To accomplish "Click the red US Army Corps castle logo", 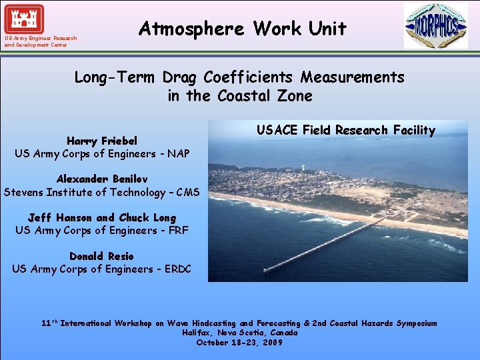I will [x=23, y=19].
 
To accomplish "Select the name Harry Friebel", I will [x=102, y=141].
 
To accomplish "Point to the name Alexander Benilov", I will [x=102, y=179].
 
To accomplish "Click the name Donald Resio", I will [x=101, y=257].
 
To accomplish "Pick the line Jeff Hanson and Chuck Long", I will [x=102, y=218].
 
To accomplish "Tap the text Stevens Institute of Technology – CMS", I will [x=102, y=193].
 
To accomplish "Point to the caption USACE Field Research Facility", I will [x=345, y=130].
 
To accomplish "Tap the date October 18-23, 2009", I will [x=239, y=342].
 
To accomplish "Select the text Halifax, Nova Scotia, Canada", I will [x=239, y=332].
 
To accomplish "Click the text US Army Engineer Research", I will [x=40, y=38].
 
